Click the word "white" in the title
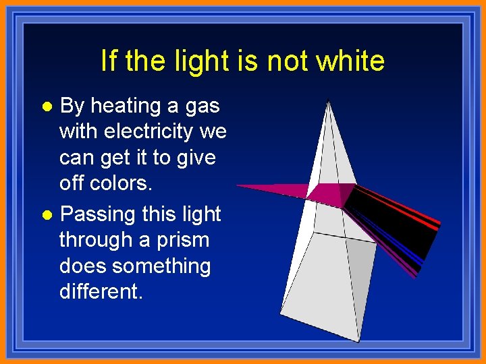tap(350, 61)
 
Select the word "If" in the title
tap(109, 61)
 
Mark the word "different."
tap(101, 292)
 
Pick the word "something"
tap(162, 266)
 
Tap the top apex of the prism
tap(328, 102)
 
